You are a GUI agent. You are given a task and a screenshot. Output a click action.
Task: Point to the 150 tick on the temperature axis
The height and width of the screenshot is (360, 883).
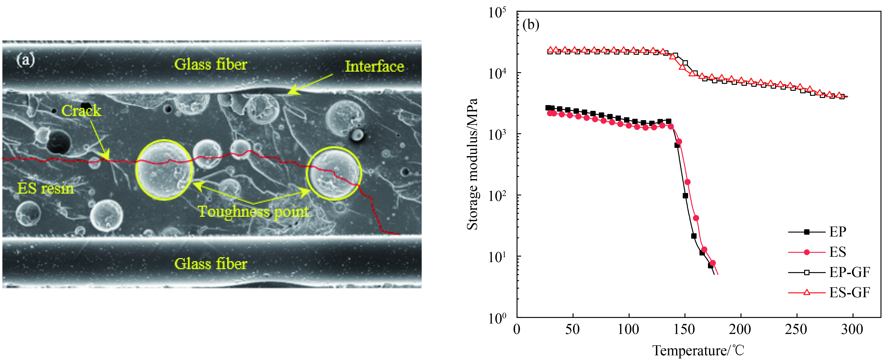pos(685,330)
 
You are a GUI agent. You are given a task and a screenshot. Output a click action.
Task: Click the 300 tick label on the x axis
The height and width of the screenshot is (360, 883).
pos(852,330)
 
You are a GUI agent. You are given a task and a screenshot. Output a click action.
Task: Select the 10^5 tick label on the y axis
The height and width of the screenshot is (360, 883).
pos(497,13)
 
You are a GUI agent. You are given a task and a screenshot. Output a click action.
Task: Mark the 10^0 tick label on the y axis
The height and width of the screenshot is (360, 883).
pos(497,318)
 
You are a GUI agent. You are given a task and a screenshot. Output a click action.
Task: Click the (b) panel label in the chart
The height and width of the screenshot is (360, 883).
pos(531,25)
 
